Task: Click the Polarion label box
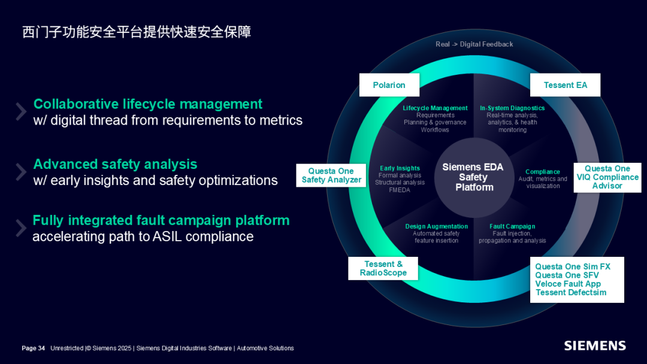pyautogui.click(x=389, y=85)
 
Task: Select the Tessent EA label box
pyautogui.click(x=565, y=85)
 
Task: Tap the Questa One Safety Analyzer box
pyautogui.click(x=331, y=175)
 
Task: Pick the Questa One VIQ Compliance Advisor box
pyautogui.click(x=607, y=177)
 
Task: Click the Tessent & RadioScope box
pyautogui.click(x=383, y=268)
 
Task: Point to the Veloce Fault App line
pyautogui.click(x=568, y=284)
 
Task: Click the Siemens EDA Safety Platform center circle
pyautogui.click(x=473, y=177)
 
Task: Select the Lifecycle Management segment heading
pyautogui.click(x=435, y=108)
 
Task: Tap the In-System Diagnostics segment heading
pyautogui.click(x=512, y=108)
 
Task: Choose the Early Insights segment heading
pyautogui.click(x=400, y=168)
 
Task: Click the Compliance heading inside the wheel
pyautogui.click(x=543, y=172)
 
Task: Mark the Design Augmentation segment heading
pyautogui.click(x=436, y=226)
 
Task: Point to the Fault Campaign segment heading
pyautogui.click(x=512, y=226)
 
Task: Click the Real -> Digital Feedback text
pyautogui.click(x=474, y=44)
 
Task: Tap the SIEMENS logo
pyautogui.click(x=595, y=346)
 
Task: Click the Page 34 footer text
pyautogui.click(x=34, y=348)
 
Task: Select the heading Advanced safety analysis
pyautogui.click(x=115, y=164)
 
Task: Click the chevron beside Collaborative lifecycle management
pyautogui.click(x=21, y=111)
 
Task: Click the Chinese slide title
pyautogui.click(x=137, y=32)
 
